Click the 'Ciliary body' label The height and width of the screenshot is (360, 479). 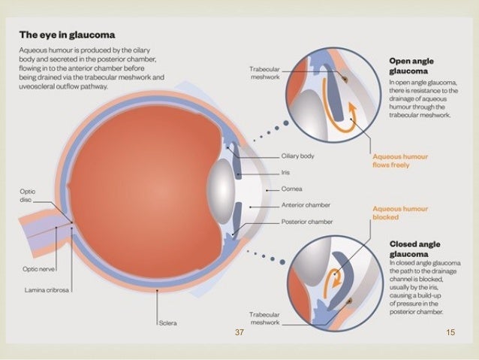click(x=297, y=156)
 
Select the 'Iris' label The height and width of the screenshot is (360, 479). click(x=286, y=172)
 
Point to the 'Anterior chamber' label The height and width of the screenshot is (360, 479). click(x=306, y=205)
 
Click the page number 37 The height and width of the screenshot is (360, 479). click(x=239, y=331)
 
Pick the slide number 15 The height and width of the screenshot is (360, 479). click(x=450, y=331)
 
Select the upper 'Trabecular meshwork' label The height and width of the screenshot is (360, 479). click(x=264, y=72)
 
